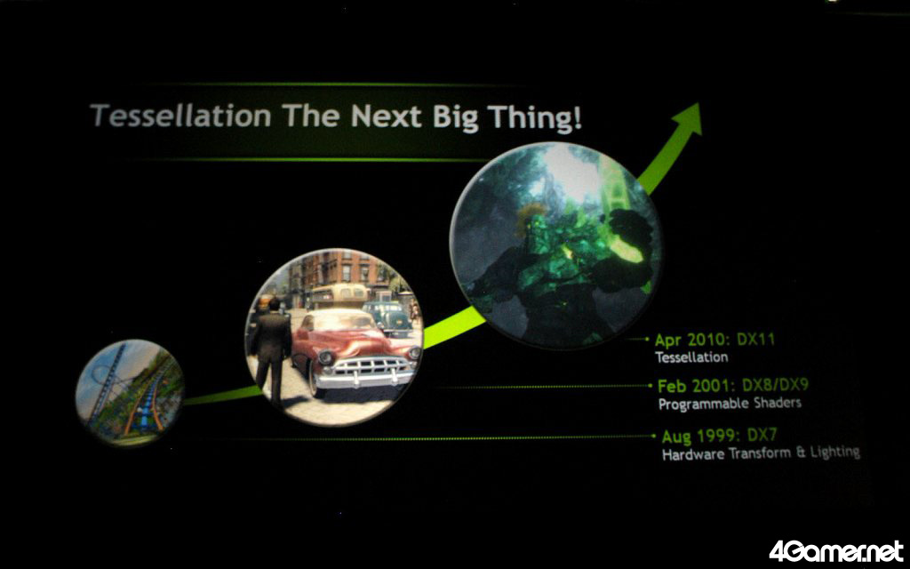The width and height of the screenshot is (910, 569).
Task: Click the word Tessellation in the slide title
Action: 181,116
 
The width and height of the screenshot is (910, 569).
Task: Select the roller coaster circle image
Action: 130,392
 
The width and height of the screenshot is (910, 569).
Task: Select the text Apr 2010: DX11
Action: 714,340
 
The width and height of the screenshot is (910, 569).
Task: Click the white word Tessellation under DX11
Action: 691,357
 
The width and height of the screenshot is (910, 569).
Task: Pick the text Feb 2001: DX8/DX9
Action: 733,386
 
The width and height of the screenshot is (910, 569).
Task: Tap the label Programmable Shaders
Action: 730,404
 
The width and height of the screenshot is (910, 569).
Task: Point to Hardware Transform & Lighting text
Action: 761,453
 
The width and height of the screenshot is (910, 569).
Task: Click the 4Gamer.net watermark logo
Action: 835,551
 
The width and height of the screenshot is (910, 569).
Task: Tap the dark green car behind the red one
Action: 387,317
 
